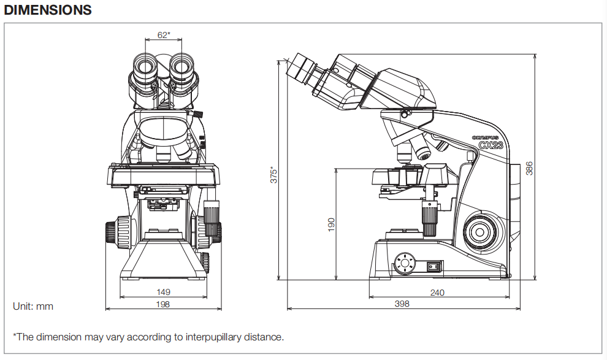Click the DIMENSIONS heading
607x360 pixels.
click(x=48, y=10)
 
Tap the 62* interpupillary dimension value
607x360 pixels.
click(x=163, y=35)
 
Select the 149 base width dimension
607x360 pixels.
click(x=163, y=293)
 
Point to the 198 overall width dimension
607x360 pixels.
click(x=163, y=304)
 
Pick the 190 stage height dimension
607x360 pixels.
click(x=332, y=224)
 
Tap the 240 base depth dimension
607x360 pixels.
click(x=437, y=293)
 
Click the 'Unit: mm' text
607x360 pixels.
click(x=33, y=306)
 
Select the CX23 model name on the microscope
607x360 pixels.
click(x=492, y=146)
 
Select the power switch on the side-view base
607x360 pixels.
click(x=435, y=266)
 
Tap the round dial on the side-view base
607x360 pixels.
click(x=404, y=264)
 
